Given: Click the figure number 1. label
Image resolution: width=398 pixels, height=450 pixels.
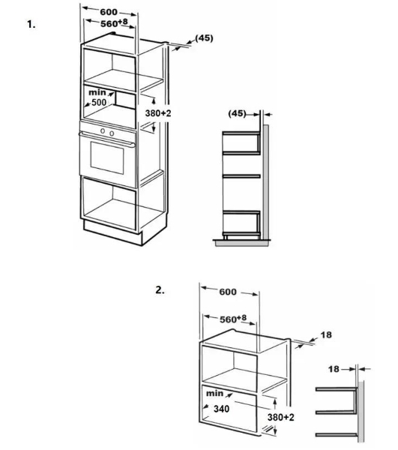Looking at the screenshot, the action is (x=31, y=24).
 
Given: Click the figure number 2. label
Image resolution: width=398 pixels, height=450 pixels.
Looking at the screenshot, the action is (x=160, y=290).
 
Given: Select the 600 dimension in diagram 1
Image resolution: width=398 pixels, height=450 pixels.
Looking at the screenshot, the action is (x=109, y=12).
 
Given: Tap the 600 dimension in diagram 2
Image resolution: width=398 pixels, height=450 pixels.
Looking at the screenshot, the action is (x=228, y=292).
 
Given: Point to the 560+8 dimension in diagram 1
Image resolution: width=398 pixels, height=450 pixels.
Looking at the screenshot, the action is (x=114, y=23).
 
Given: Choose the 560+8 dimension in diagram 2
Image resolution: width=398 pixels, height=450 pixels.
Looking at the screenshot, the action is (x=233, y=319).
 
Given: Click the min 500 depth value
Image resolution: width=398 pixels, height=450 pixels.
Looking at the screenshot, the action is (x=97, y=97).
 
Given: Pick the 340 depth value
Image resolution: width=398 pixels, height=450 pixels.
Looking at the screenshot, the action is (x=221, y=409).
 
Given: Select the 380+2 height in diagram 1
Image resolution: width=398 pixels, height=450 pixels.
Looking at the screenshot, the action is (x=158, y=113).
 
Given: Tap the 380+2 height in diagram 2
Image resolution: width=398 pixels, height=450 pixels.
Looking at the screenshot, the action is (x=281, y=417).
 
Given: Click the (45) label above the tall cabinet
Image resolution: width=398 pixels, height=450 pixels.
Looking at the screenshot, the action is (x=204, y=38).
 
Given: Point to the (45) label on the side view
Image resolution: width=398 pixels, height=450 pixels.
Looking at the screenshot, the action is (x=237, y=113).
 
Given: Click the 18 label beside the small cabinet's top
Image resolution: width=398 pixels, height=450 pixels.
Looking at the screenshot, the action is (x=326, y=334).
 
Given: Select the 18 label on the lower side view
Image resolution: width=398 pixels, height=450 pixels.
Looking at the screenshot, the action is (x=334, y=369).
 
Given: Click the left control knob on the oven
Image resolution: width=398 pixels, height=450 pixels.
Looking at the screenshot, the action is (x=103, y=130).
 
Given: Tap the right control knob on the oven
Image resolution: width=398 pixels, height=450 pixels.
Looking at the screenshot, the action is (x=112, y=133).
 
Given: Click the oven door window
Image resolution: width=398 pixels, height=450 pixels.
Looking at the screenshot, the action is (x=107, y=157).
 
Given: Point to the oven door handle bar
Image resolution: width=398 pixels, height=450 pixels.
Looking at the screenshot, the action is (x=107, y=139).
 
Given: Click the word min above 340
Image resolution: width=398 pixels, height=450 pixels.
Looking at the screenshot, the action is (x=215, y=393).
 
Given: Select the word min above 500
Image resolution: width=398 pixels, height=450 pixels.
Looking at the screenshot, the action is (x=97, y=92).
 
